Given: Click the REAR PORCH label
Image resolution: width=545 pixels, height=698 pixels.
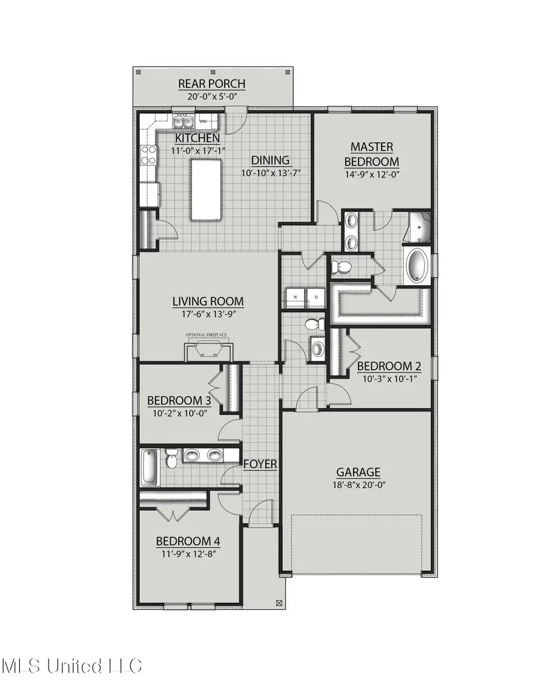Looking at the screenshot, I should tap(212, 84).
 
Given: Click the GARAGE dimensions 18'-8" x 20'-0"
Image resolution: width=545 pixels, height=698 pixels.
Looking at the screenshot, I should tap(358, 485).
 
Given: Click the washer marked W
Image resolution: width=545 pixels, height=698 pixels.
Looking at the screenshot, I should tap(296, 297).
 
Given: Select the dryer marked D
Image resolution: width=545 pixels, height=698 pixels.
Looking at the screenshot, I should tap(315, 297).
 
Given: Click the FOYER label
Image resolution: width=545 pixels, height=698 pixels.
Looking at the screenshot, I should tap(260, 465).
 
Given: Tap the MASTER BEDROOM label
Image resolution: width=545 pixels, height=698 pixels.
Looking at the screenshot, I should tap(372, 154).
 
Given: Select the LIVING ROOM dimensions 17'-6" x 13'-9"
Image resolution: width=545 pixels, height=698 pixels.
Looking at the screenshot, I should tap(208, 314).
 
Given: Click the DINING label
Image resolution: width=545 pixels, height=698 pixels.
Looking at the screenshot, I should tap(271, 161).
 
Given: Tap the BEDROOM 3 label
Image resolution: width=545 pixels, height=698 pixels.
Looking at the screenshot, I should tap(179, 401).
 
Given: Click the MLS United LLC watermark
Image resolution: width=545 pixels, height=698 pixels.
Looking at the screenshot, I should tap(71, 666).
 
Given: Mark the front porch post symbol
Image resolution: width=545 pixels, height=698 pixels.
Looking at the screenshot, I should tap(279, 603).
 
